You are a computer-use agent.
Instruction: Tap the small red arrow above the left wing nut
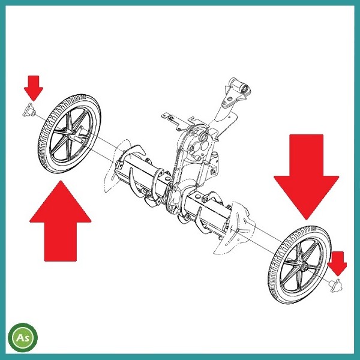(34, 88)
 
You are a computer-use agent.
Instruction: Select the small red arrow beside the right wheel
(337, 263)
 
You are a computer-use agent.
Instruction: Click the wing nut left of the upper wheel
(29, 110)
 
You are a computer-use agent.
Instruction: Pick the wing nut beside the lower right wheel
(335, 286)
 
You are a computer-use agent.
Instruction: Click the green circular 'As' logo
(23, 337)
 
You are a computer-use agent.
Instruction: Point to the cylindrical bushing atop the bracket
(240, 87)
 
